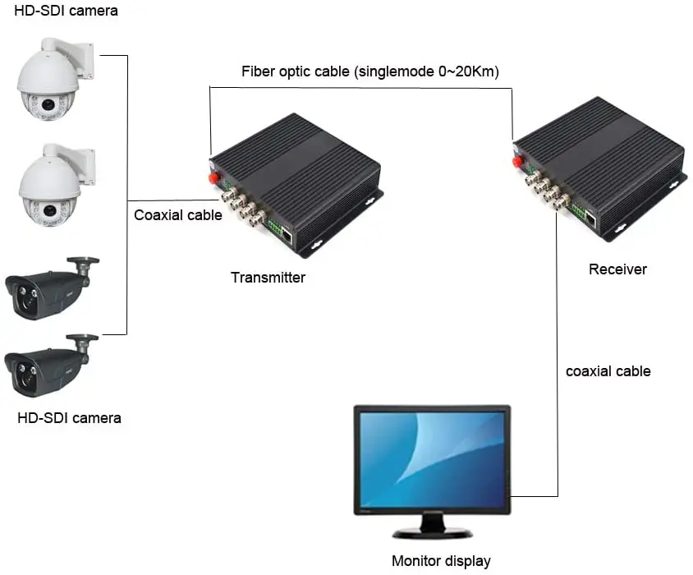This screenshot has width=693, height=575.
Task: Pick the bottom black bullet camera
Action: (x=45, y=366)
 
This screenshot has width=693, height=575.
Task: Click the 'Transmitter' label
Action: (x=268, y=278)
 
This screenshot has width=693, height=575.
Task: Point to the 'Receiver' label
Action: (x=617, y=269)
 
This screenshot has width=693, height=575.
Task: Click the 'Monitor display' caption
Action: (x=441, y=562)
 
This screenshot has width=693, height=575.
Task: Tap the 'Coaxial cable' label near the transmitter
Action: (x=178, y=215)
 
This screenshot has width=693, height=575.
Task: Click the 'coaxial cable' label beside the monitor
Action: (x=608, y=371)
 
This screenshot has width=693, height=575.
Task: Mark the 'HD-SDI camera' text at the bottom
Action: (x=69, y=418)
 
